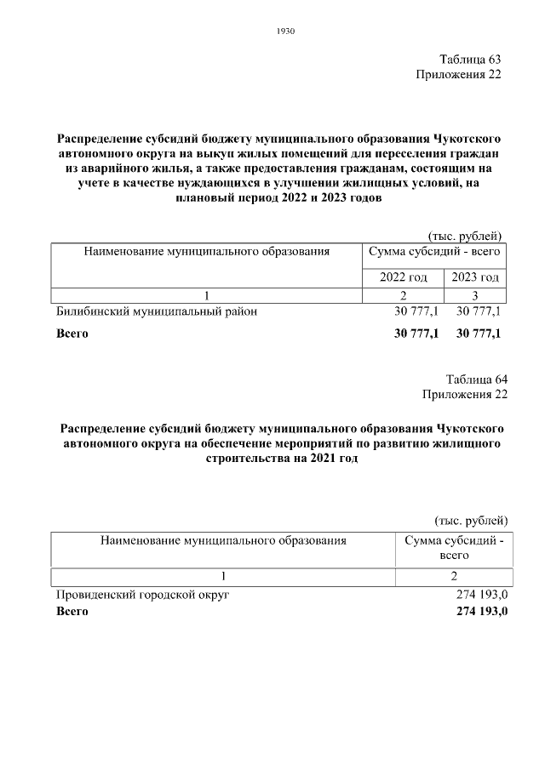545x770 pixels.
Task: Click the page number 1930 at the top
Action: [285, 31]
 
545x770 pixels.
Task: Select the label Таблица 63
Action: [469, 60]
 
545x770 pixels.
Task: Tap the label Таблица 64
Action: [476, 379]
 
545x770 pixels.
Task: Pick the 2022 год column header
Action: [403, 277]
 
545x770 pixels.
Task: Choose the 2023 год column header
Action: [475, 277]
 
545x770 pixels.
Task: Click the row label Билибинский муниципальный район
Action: [156, 311]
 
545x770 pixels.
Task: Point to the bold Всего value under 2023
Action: [479, 334]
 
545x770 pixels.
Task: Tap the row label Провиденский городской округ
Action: [143, 595]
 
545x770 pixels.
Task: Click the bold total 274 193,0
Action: [482, 611]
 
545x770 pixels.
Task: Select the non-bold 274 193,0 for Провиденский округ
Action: [482, 595]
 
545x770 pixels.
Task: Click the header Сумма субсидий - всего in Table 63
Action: [433, 252]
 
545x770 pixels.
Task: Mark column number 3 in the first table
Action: [475, 294]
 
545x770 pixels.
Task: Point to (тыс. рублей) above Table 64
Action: [471, 520]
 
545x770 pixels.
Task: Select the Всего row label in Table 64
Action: [72, 611]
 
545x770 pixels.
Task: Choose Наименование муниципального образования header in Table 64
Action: [223, 540]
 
